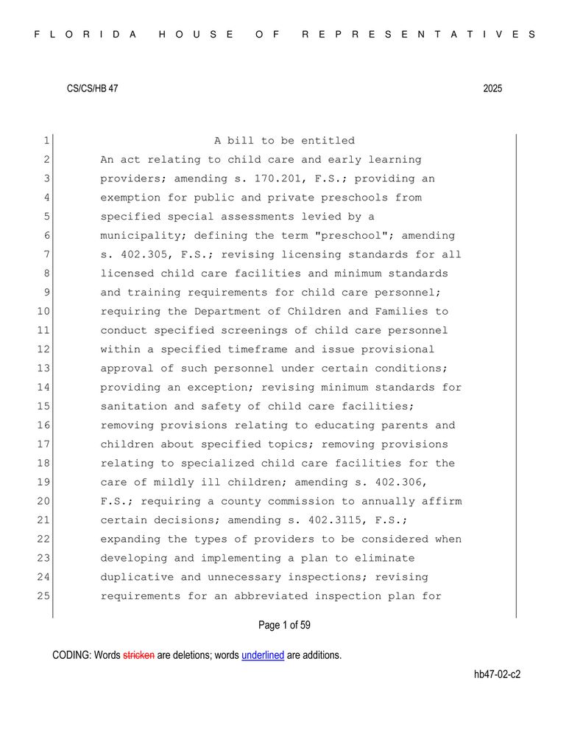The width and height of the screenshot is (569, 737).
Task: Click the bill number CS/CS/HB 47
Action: [x=92, y=88]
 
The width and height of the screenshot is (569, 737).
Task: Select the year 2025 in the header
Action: [x=492, y=88]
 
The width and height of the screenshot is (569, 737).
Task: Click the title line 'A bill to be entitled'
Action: [x=284, y=141]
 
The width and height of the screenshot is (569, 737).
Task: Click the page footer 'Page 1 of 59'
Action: [x=284, y=626]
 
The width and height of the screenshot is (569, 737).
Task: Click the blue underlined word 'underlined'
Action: [x=263, y=655]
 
